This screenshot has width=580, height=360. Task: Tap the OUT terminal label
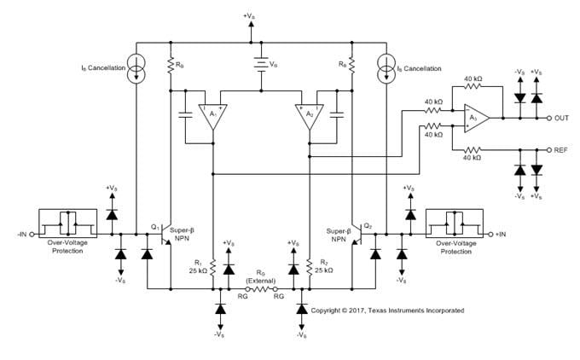pyautogui.click(x=561, y=119)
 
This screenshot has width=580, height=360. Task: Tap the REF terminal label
pyautogui.click(x=561, y=149)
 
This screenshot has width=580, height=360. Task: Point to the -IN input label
pyautogui.click(x=20, y=233)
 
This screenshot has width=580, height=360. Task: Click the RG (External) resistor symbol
pyautogui.click(x=259, y=291)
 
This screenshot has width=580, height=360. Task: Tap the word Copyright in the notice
pyautogui.click(x=328, y=310)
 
